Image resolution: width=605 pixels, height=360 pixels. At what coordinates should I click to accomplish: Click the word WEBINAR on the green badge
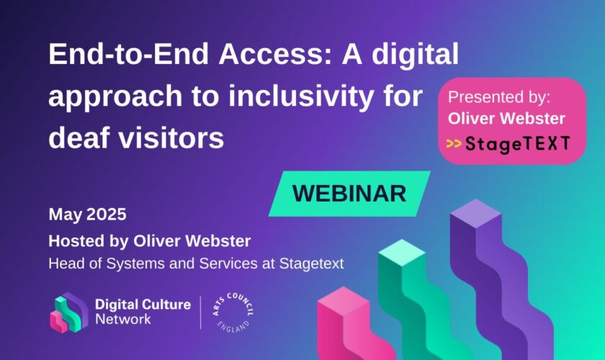coord(349,193)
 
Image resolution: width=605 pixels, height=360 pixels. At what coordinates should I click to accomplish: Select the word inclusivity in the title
coord(300,96)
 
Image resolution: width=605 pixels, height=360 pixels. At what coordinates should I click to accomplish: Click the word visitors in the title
coord(171,138)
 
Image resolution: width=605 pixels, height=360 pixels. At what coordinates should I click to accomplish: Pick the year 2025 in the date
coord(107,214)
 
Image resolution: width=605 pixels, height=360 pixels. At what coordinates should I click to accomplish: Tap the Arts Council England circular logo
coord(233,312)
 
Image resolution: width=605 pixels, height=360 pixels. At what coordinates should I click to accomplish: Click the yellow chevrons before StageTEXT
coord(454,143)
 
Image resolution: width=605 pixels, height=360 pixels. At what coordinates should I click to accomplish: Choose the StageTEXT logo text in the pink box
coord(517,144)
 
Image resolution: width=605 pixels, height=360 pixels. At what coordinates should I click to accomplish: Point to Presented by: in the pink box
coord(499,97)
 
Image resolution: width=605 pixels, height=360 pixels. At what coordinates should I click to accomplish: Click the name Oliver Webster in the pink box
coord(506,119)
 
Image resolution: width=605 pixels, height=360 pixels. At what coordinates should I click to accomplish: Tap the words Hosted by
coord(89,241)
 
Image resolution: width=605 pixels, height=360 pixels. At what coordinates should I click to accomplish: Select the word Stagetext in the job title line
coord(311,264)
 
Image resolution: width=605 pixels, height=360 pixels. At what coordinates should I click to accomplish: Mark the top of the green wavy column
coord(402,252)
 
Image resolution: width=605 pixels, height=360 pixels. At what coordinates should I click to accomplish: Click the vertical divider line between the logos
coord(201,312)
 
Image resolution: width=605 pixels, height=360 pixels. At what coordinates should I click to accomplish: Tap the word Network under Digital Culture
coord(123,320)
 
